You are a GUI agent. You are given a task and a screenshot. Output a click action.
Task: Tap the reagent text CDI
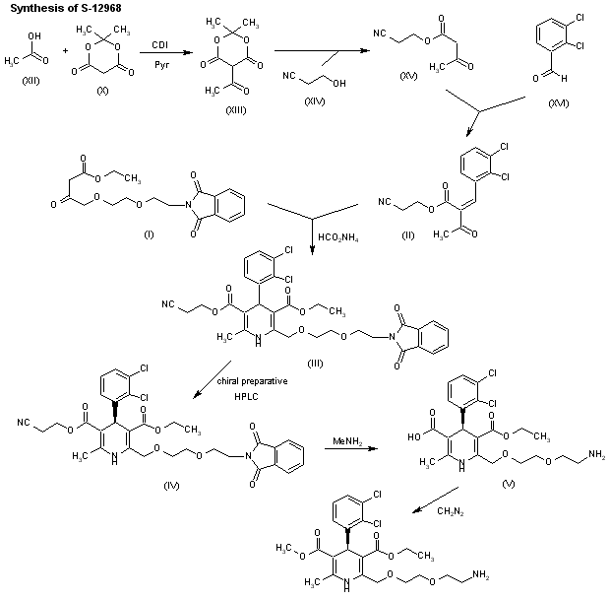pyautogui.click(x=159, y=44)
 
